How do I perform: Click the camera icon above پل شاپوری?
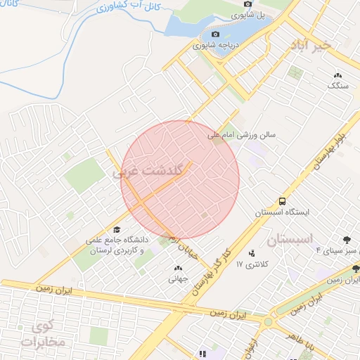point(247,4)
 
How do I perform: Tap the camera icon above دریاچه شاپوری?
point(215,34)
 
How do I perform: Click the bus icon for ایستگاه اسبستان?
point(282,201)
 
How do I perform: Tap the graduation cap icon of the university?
point(117,230)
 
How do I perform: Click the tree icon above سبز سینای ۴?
point(346,240)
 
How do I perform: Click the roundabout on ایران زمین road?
point(267,322)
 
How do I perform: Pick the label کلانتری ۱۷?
point(253,264)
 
